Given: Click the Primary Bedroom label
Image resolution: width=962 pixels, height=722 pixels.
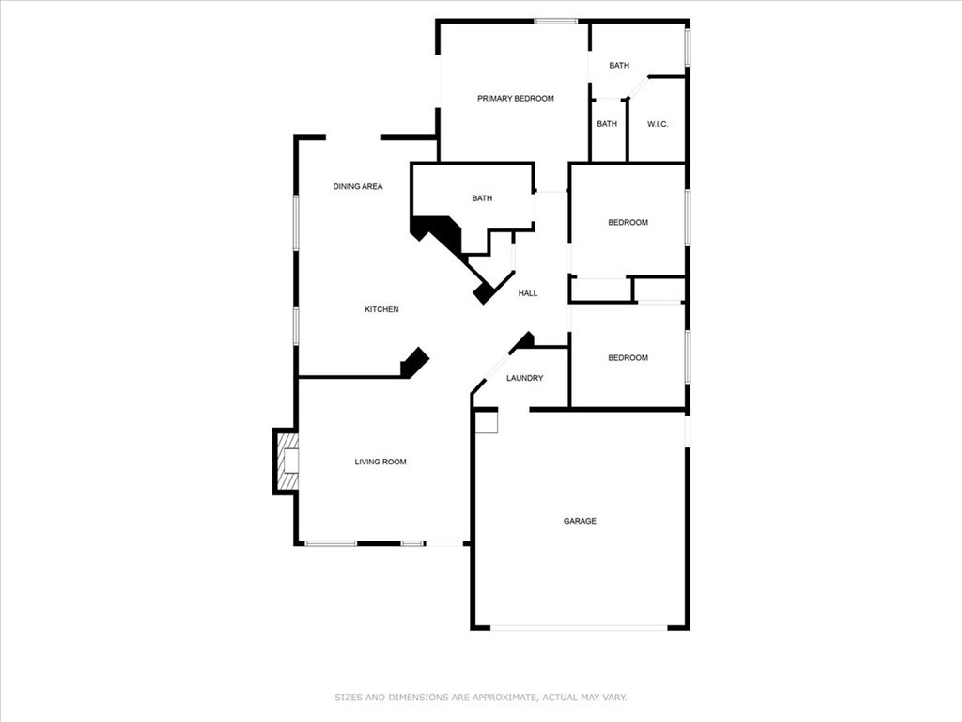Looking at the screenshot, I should pos(515,99).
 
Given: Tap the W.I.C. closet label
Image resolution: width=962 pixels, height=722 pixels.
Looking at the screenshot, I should pos(657,124).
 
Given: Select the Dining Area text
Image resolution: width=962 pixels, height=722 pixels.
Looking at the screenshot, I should pos(358,187).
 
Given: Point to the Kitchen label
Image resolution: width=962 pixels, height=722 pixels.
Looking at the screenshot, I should pos(381,309).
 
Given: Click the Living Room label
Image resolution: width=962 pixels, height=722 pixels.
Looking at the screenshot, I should pos(380,462).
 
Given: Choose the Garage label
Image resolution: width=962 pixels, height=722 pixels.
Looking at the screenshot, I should pos(580,521).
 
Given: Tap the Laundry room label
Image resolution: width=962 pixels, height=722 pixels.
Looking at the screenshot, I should pos(524,378).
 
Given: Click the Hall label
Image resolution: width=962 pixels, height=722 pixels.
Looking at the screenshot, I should pos(528,293).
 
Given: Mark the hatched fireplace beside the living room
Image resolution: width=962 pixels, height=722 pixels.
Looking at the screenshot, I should pos(287,461).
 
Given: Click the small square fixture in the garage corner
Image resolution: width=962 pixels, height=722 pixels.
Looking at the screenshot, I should pos(485,422).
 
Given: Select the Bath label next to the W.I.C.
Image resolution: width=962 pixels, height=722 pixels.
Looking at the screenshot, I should pos(607,124).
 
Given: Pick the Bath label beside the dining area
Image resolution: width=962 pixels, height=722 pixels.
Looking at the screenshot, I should pos(482,198).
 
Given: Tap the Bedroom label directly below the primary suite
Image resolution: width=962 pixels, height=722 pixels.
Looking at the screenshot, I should pos(628,223).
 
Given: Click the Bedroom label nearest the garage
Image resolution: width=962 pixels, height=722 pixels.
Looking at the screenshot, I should pos(628,358).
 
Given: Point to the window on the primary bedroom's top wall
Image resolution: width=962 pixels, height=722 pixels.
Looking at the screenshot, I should pos(555,21).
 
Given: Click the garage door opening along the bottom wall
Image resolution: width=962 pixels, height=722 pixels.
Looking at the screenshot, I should pos(580,627).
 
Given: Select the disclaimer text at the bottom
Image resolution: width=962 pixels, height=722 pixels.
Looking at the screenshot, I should pos(481,698).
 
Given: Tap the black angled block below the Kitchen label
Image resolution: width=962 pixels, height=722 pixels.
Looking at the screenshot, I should pos(414,362).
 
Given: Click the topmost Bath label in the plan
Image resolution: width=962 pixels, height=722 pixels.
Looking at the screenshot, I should pos(618,66).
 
